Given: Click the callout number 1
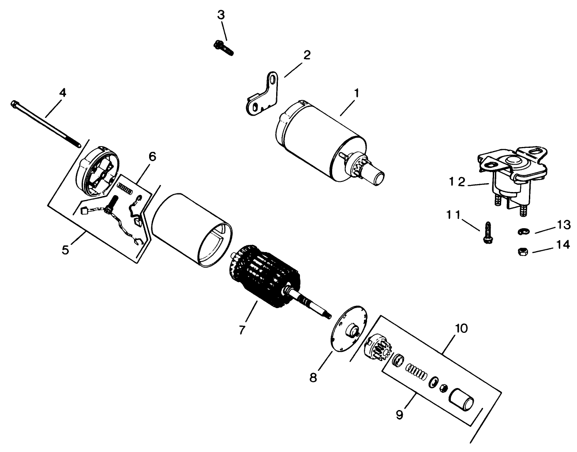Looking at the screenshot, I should pyautogui.click(x=356, y=94).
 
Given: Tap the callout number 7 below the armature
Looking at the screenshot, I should pyautogui.click(x=242, y=330).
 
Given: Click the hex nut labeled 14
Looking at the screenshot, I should pyautogui.click(x=521, y=252).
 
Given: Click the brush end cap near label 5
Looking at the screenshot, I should pyautogui.click(x=98, y=171).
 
